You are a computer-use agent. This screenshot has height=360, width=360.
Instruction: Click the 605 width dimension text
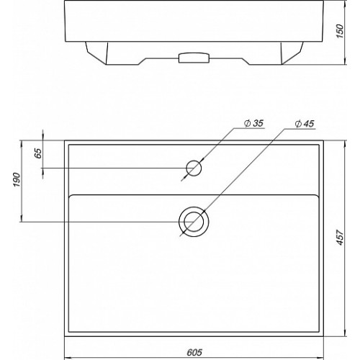(194, 352)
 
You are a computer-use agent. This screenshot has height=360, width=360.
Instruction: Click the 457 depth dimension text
(340, 238)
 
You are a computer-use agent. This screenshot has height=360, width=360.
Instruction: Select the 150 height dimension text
(340, 31)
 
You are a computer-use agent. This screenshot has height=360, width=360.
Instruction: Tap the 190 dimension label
(17, 179)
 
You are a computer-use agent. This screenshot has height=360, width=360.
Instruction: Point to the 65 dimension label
(38, 153)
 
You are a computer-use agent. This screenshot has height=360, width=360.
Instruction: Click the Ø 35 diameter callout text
(253, 123)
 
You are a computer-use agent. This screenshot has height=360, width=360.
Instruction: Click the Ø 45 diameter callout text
(305, 124)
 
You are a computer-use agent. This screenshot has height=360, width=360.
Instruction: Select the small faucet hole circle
(194, 168)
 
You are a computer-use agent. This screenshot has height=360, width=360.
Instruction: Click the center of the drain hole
(194, 222)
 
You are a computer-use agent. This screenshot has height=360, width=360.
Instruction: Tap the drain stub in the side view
(194, 58)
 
